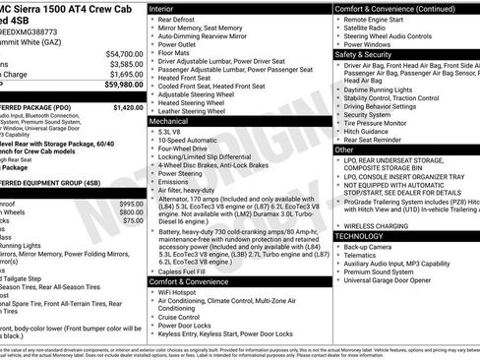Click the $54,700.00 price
pyautogui.click(x=124, y=53)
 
